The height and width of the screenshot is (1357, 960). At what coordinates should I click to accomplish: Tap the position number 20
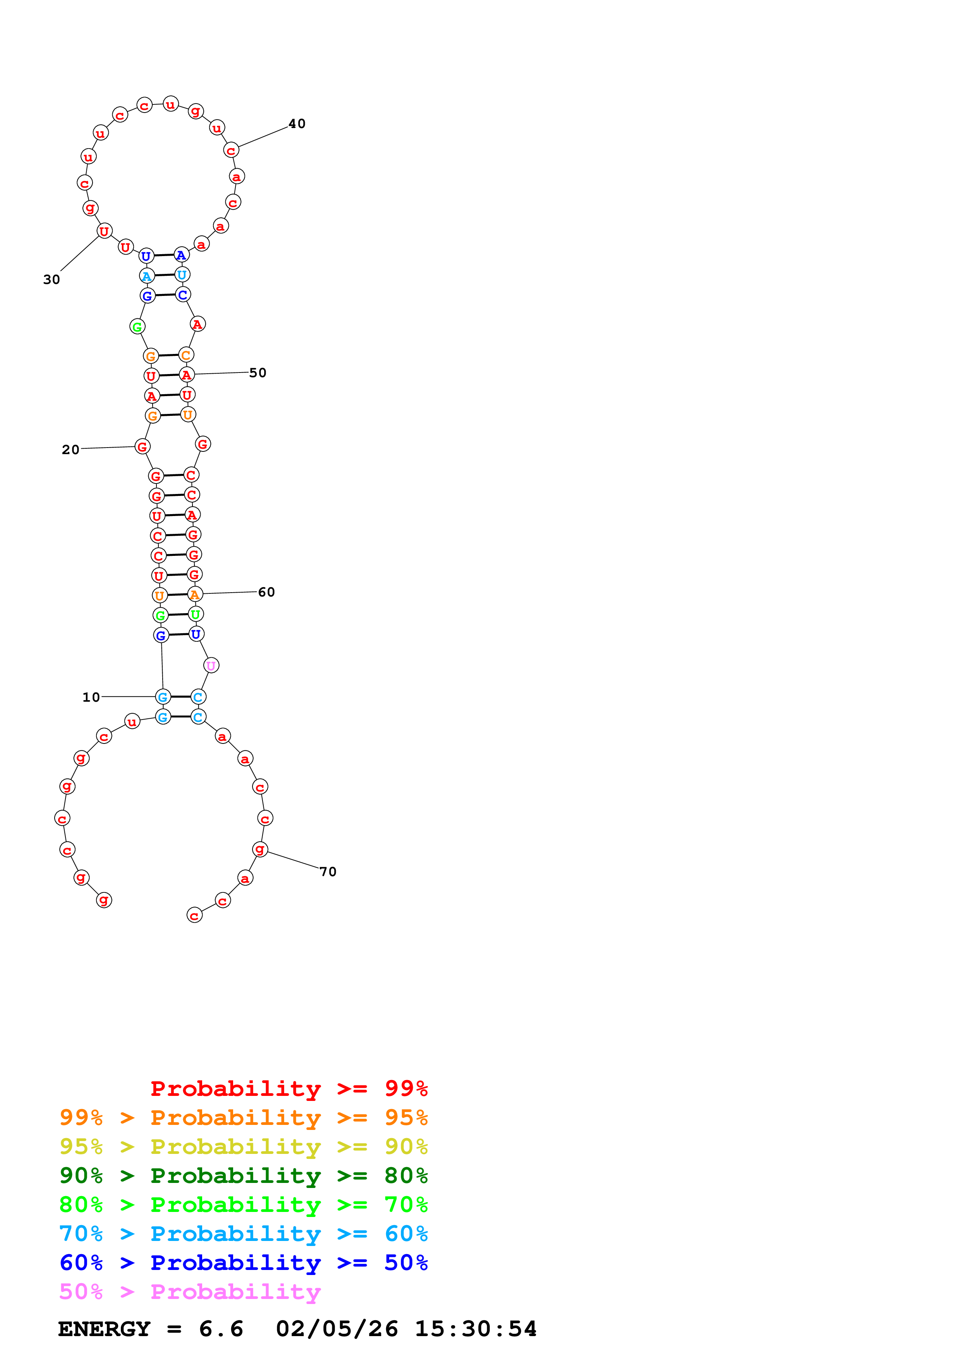(x=70, y=450)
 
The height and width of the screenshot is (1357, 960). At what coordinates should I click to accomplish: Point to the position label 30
(x=52, y=280)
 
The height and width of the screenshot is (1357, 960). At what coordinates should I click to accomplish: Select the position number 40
(x=297, y=123)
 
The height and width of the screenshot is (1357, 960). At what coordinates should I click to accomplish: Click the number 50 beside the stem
(x=258, y=373)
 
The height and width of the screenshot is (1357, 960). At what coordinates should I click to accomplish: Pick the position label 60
(x=266, y=592)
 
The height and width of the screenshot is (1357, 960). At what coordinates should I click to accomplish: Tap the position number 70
(x=328, y=872)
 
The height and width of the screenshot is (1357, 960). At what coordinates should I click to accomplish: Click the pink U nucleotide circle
(x=211, y=665)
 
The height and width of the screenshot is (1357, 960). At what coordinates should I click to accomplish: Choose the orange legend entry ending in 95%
(x=243, y=1118)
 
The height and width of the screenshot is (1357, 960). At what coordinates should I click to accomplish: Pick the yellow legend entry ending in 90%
(x=243, y=1147)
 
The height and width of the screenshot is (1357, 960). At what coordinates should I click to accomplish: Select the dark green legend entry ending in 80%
(x=243, y=1176)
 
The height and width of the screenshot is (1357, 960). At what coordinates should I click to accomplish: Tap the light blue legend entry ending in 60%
(x=243, y=1234)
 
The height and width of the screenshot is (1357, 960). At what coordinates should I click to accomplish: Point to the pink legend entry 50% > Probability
(x=190, y=1291)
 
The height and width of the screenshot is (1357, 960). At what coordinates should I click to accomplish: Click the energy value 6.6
(x=221, y=1329)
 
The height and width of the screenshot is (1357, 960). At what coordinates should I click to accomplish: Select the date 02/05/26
(x=337, y=1329)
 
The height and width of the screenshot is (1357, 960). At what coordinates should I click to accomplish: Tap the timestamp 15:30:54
(x=476, y=1329)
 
